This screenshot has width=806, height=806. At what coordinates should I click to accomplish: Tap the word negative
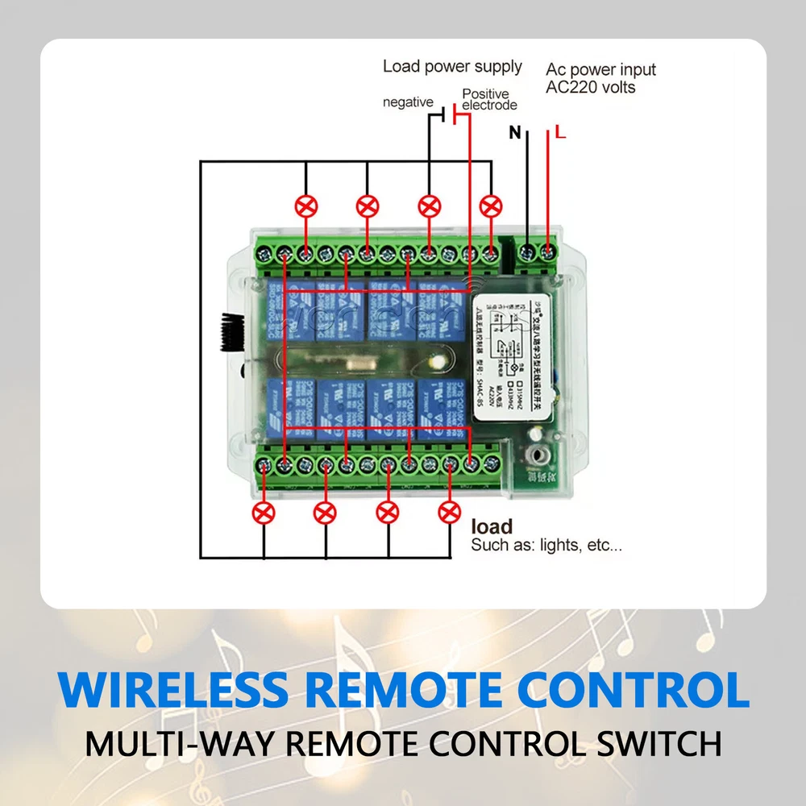[408, 102]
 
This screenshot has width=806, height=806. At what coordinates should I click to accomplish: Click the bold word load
[492, 527]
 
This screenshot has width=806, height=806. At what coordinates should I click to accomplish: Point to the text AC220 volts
[591, 87]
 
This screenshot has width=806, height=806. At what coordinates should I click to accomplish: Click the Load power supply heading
[452, 66]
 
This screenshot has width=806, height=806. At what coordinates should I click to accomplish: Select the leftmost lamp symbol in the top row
[306, 206]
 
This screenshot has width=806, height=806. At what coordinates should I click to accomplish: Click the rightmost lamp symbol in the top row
[490, 206]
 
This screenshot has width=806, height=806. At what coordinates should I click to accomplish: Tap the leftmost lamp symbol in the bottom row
[264, 512]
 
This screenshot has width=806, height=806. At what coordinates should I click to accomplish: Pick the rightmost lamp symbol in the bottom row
[449, 512]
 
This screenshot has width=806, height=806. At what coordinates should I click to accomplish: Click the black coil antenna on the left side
[228, 331]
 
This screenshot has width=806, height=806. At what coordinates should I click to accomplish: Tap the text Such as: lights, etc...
[546, 546]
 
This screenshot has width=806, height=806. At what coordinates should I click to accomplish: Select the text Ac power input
[600, 69]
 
